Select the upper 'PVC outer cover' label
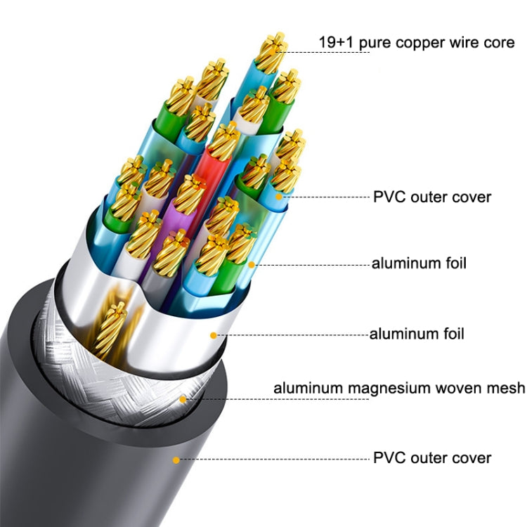pos(431,196)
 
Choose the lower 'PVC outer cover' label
pos(431,458)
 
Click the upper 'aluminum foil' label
pos(419,263)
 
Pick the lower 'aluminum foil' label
pos(417,334)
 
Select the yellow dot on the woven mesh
pos(183,399)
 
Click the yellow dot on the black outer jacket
pos(176,460)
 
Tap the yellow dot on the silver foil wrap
pos(212,336)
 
